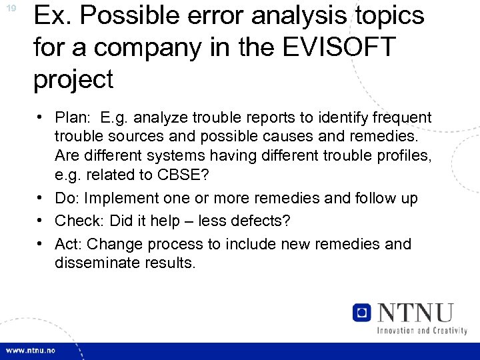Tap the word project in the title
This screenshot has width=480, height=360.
(x=74, y=79)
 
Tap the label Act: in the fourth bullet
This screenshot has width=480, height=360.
(x=69, y=244)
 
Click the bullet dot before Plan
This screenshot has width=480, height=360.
(x=41, y=118)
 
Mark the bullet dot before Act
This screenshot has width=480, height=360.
(x=41, y=243)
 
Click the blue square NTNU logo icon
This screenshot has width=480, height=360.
(x=362, y=312)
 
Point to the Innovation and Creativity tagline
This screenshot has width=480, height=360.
(x=421, y=331)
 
